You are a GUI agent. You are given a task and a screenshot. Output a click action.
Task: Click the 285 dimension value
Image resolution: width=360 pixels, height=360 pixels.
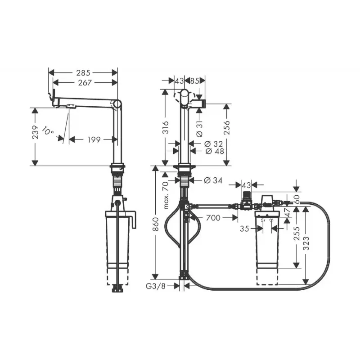[x=83, y=73]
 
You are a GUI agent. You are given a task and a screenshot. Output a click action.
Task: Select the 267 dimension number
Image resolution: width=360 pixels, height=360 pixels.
[x=85, y=83]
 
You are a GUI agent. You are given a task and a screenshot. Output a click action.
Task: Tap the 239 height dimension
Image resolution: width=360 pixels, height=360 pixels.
[x=35, y=132]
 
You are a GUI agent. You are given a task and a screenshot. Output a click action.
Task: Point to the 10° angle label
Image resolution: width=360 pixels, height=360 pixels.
[x=48, y=131]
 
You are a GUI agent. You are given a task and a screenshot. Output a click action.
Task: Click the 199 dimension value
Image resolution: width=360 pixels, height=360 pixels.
[x=94, y=139]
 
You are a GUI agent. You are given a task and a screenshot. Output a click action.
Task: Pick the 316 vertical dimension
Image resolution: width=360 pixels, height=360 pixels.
[x=165, y=128]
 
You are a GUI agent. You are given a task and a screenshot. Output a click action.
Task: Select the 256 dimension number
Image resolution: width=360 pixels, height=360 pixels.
[x=226, y=127]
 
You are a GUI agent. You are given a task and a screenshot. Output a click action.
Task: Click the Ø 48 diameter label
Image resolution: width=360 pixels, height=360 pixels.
[x=215, y=151]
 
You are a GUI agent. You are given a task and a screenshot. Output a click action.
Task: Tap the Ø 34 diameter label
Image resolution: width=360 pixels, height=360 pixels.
[x=213, y=180]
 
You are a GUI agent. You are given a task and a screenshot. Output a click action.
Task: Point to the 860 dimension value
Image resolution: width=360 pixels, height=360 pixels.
[x=156, y=224]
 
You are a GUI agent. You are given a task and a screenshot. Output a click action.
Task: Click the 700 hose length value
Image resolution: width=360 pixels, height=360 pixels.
[x=213, y=218]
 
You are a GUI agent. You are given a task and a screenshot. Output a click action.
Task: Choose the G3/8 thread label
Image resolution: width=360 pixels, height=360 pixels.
[x=155, y=286]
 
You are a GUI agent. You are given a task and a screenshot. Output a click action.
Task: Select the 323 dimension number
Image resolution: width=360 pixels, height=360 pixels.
[x=306, y=243]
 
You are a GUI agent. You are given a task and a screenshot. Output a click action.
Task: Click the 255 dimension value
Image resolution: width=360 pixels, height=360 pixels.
[x=297, y=234]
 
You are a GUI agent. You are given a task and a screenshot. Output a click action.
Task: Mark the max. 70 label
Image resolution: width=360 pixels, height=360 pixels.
[x=166, y=195]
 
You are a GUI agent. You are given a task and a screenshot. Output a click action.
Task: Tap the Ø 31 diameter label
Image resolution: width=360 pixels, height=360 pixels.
[x=199, y=129]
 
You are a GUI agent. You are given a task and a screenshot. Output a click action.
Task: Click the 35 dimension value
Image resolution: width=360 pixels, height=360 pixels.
[x=244, y=229]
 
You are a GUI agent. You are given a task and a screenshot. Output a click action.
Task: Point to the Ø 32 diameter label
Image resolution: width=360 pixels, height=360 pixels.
[x=213, y=144]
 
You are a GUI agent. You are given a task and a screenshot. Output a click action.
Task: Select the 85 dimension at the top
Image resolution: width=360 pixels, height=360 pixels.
[x=195, y=81]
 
